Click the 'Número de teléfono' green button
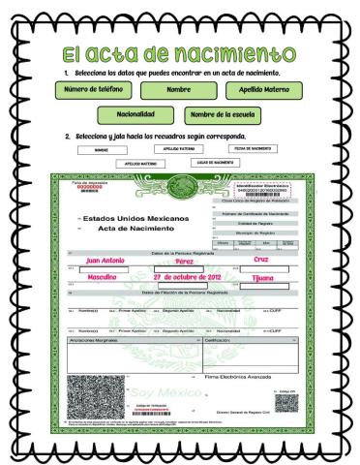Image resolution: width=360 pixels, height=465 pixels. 93,90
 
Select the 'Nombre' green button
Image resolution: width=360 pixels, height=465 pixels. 178,90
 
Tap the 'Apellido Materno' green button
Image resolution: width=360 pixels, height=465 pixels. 264,90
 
